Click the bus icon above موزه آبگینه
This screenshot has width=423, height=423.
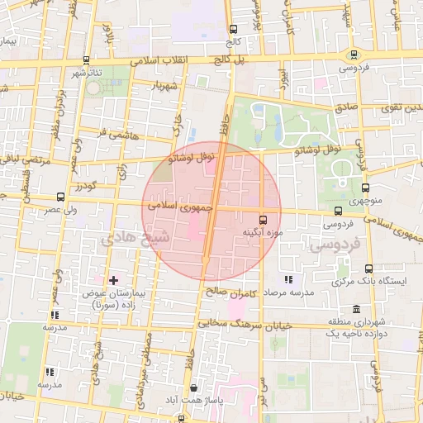(263, 220)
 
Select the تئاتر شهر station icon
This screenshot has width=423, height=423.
(87, 60)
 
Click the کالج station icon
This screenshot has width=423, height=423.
(233, 30)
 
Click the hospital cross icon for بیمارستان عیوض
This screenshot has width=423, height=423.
(113, 281)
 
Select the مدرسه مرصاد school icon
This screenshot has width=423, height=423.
(288, 280)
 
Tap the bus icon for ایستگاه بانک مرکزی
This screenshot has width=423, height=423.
(368, 269)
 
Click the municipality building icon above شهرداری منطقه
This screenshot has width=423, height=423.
(355, 309)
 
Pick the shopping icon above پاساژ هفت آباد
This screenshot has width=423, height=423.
(193, 387)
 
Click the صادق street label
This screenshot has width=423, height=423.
(346, 107)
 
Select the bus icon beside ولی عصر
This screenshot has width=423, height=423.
(59, 197)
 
